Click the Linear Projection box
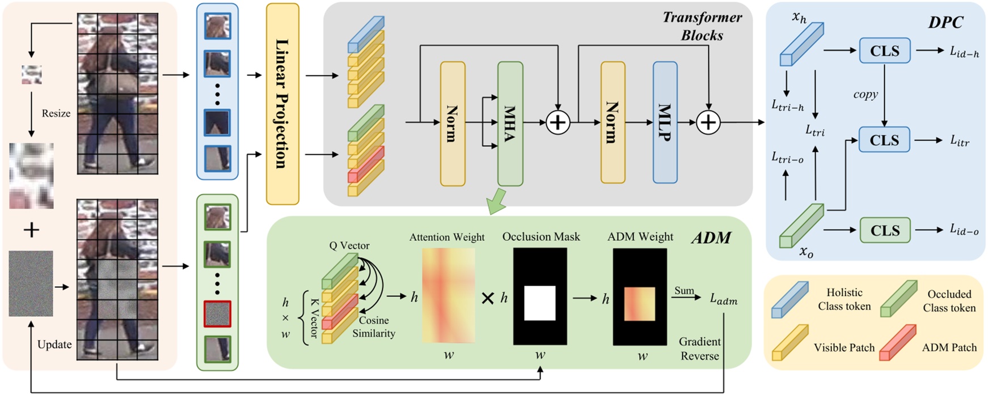pos(282,104)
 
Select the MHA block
pos(510,124)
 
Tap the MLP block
pos(665,122)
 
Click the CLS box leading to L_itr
pos(884,140)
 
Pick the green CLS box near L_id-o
pos(884,231)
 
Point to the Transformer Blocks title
pos(702,26)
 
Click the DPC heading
pos(945,22)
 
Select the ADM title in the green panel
pos(711,237)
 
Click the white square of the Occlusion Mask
pos(539,303)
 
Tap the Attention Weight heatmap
pos(448,295)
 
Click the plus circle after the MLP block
pos(708,122)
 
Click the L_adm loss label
pos(724,299)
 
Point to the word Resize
pos(56,113)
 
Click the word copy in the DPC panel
pos(865,95)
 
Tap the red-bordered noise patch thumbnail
pos(217,314)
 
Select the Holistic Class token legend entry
pos(844,299)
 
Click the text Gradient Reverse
pos(699,349)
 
